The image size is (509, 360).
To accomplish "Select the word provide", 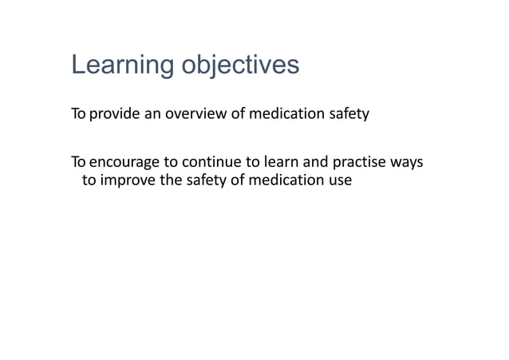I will click(x=114, y=114).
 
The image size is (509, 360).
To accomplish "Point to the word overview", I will click(x=199, y=114).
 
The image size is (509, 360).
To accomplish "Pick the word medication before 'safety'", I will click(x=287, y=114).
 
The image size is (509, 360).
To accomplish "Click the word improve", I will click(x=127, y=180).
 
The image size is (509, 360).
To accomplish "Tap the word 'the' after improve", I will click(x=170, y=180).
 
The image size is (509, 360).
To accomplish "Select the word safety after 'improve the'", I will click(x=205, y=180).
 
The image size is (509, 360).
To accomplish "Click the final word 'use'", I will click(x=339, y=180).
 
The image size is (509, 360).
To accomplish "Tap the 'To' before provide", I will click(x=78, y=114).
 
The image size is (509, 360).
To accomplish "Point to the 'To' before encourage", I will click(x=78, y=164).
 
